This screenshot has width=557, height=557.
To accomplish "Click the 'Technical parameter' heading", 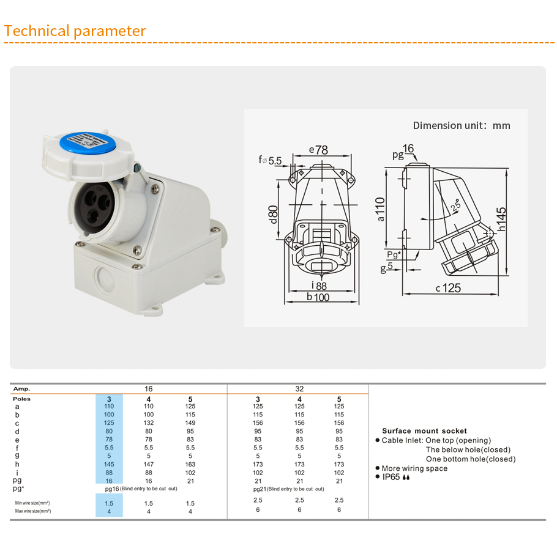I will point(75,31).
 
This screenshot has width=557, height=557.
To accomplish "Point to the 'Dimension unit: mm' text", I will point(461,125).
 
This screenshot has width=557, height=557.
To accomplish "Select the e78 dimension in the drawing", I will point(318,150).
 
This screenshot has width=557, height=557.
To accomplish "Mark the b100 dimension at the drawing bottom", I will point(318,297).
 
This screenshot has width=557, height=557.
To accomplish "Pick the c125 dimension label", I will point(448,288).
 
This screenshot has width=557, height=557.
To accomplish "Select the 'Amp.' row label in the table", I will point(21,389).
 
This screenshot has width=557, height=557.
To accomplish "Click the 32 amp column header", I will point(299,389).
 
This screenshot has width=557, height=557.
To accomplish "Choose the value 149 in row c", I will point(190,423).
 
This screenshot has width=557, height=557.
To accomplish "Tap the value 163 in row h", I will point(190,464).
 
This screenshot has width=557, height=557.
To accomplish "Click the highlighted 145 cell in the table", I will point(109,464).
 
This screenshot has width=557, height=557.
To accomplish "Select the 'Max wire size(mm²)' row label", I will point(33,511).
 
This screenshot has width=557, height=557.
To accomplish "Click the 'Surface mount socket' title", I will point(424,431).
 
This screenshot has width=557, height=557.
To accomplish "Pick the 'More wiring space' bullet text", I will point(414,468).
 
